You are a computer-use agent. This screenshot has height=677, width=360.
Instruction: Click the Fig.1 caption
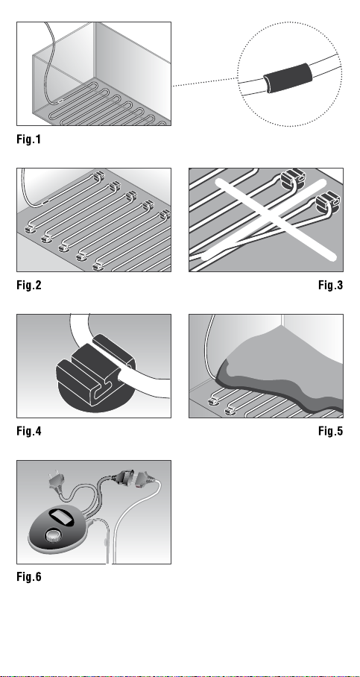point(28,139)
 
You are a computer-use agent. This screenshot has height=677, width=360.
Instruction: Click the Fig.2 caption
point(29,285)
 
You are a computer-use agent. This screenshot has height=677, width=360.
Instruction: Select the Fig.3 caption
point(331,285)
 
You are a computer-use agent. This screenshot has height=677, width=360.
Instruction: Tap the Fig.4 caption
point(29,431)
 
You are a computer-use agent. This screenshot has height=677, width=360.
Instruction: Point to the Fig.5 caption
point(331,431)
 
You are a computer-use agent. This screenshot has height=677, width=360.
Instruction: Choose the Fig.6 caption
point(29,577)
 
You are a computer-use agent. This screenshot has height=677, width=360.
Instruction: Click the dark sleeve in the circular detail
point(288,78)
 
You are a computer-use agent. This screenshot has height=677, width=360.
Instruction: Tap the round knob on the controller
point(54,536)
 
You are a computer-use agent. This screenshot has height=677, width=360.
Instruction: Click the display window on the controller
point(61,517)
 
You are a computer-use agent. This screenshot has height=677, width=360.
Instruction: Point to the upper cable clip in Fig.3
point(293,178)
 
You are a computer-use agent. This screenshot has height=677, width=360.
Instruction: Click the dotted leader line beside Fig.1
point(205,82)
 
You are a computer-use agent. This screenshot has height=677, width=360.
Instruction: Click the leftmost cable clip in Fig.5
point(212,402)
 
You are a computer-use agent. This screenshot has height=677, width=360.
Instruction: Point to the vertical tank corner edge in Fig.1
point(94,50)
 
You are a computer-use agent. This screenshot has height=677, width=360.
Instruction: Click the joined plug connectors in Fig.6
point(134,478)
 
